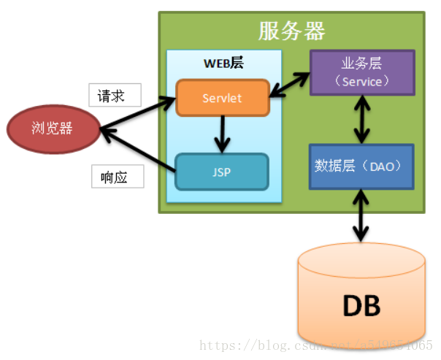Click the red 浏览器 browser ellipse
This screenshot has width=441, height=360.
(x=53, y=129)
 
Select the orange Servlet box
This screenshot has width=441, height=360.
(x=223, y=98)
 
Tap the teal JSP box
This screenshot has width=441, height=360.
(x=222, y=172)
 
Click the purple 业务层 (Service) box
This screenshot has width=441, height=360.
(x=362, y=73)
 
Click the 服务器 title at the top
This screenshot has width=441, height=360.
(x=291, y=31)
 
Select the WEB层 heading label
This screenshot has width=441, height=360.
(x=223, y=64)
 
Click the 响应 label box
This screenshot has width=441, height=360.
(x=117, y=177)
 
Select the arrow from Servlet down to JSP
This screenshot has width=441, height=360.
(x=221, y=134)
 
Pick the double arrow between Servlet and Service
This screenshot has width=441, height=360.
(x=290, y=85)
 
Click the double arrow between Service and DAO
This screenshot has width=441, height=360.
(x=361, y=120)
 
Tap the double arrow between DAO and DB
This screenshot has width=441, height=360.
(x=361, y=215)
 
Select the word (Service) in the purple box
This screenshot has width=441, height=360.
(x=362, y=82)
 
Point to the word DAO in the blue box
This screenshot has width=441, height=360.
(x=383, y=166)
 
